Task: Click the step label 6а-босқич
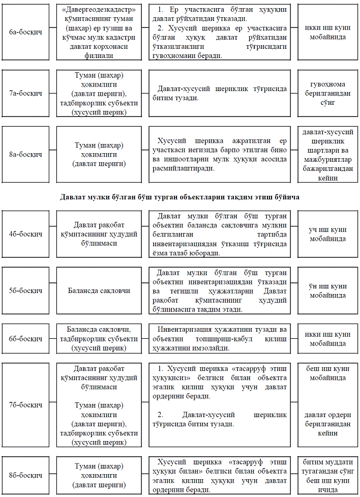[25, 33]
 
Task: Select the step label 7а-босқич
[25, 94]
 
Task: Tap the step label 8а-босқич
[25, 154]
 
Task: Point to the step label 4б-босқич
[25, 234]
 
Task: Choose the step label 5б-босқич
[25, 290]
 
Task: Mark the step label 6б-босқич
[25, 338]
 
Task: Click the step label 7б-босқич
[25, 405]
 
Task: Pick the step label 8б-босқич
[25, 476]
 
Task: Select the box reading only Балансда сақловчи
[99, 291]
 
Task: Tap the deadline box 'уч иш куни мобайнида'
[328, 234]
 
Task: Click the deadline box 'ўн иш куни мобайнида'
[328, 290]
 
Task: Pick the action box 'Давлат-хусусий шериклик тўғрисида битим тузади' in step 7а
[221, 93]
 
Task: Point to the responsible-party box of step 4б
[99, 234]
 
